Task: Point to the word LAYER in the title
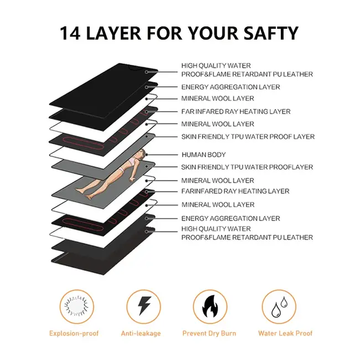(x=119, y=33)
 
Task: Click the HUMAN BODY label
(x=203, y=155)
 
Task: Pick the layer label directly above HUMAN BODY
(x=248, y=136)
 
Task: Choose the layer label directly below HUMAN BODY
(x=247, y=167)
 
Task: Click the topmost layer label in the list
(x=246, y=70)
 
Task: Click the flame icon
(x=209, y=306)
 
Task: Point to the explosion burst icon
(x=75, y=306)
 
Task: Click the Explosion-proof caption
(x=74, y=333)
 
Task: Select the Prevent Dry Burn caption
(x=209, y=333)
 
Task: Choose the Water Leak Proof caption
(x=285, y=333)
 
